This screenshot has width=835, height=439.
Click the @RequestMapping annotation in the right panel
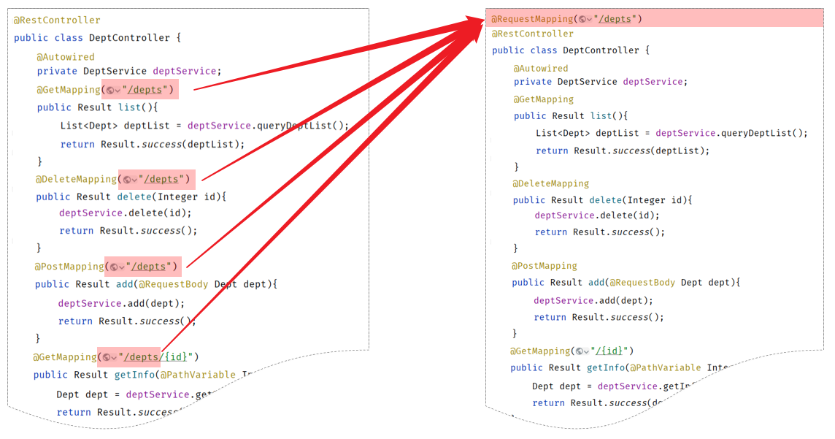point(532,19)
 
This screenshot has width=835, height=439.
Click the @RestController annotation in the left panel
point(57,20)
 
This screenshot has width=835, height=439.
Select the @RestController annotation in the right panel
point(533,34)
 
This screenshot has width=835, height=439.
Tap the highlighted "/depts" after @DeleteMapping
point(161,179)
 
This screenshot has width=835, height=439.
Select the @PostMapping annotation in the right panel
point(545,266)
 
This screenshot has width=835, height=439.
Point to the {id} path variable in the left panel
point(177,356)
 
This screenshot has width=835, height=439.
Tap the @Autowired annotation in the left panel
point(66,56)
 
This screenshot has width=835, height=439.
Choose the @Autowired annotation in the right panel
point(541,68)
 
